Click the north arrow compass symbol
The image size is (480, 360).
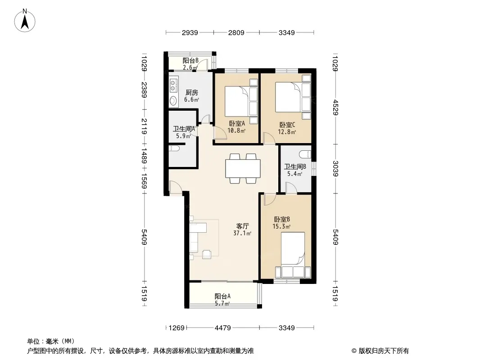25,20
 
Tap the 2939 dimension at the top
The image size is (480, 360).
190,32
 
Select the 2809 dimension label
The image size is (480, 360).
236,32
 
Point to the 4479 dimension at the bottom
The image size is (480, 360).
222,328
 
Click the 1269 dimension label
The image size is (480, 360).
177,328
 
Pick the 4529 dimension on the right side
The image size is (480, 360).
335,108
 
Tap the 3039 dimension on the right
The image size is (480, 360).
335,169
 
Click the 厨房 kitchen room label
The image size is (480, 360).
192,92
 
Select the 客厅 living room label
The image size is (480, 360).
242,226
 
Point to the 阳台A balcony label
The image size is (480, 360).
222,296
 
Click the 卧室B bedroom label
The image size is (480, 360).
281,219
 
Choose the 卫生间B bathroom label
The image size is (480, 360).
295,166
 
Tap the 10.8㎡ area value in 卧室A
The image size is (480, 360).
236,130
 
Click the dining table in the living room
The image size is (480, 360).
243,169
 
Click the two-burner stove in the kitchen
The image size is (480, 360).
173,85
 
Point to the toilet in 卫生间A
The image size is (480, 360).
175,148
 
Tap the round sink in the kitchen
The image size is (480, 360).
173,100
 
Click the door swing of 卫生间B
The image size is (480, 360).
291,187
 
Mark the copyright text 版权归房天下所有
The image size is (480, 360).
384,351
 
